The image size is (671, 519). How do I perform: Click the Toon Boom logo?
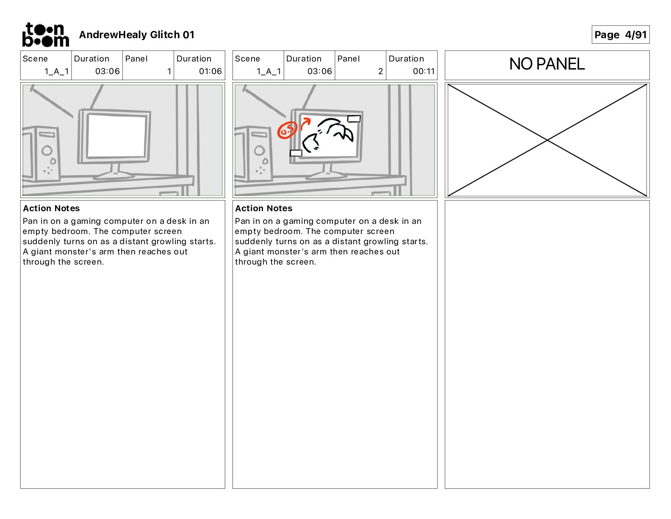[x=45, y=35]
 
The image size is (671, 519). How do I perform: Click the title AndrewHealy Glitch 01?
[x=136, y=35]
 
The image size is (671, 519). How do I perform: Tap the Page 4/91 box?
[x=620, y=35]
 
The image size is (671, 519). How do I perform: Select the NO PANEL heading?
[x=546, y=64]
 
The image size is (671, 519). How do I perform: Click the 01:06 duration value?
[x=210, y=71]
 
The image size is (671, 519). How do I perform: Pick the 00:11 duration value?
[x=424, y=71]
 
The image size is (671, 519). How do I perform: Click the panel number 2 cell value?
[x=380, y=71]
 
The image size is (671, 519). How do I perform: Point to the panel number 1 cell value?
[x=169, y=71]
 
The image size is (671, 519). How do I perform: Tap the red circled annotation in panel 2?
[x=287, y=131]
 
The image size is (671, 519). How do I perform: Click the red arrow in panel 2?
[x=305, y=124]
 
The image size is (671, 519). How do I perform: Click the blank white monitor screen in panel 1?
[x=116, y=136]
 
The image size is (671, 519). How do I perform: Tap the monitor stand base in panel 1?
[x=114, y=174]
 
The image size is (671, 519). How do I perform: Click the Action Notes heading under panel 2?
[x=263, y=208]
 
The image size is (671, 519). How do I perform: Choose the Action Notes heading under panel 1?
[x=51, y=208]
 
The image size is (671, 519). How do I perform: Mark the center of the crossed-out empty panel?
[x=547, y=140]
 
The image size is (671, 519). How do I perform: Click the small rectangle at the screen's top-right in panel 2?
[x=354, y=119]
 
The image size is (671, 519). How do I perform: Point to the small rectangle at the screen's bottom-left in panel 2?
[x=296, y=153]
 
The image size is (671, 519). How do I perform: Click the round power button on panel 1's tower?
[x=47, y=150]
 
